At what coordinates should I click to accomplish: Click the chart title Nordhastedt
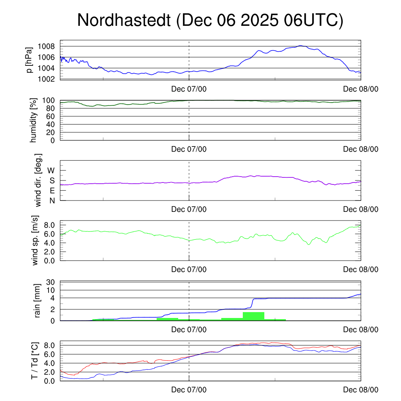coord(210,20)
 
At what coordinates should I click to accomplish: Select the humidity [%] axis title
coord(33,120)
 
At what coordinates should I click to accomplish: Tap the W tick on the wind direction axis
coord(51,170)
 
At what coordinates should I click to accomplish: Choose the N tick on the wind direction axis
coord(52,200)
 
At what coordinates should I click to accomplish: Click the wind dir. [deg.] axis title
coord(38,180)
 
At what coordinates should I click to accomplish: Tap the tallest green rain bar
coord(253,316)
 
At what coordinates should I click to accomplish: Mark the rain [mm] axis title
coord(38,301)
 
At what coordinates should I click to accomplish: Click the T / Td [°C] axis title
coord(35,361)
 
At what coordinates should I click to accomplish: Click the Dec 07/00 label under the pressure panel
coord(189,89)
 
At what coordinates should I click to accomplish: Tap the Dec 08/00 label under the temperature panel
coord(361,390)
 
